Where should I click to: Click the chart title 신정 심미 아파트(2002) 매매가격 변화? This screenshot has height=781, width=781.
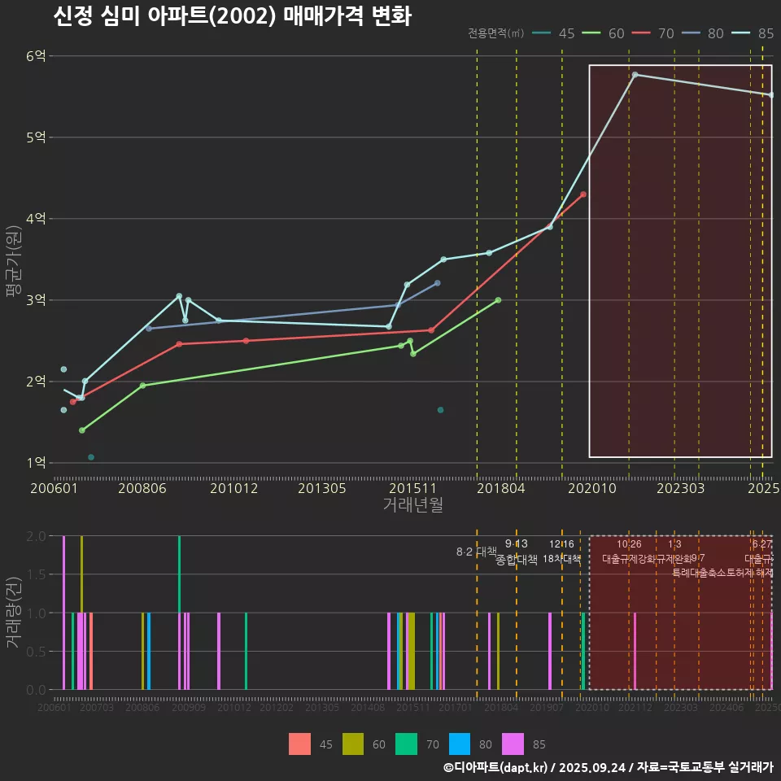(233, 16)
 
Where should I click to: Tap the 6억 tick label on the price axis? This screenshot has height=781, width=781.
(36, 56)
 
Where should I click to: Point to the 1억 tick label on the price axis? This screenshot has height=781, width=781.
(36, 463)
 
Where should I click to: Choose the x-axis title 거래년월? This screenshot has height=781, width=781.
(412, 505)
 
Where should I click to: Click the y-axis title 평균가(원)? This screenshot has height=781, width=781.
(13, 260)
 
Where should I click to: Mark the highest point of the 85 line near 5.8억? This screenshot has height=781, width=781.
(635, 75)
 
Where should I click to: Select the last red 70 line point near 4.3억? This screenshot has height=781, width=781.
(583, 194)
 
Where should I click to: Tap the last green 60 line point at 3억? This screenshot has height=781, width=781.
(498, 300)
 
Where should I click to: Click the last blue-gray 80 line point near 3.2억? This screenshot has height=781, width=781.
(438, 283)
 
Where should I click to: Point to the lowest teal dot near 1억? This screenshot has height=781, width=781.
(91, 457)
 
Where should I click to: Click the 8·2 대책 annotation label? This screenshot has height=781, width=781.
(477, 552)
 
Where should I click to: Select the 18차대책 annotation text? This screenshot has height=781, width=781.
(561, 559)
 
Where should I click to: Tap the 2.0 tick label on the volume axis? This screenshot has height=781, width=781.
(36, 536)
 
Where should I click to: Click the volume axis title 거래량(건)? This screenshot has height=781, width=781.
(13, 612)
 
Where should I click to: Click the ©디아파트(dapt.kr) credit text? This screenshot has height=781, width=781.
(496, 767)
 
